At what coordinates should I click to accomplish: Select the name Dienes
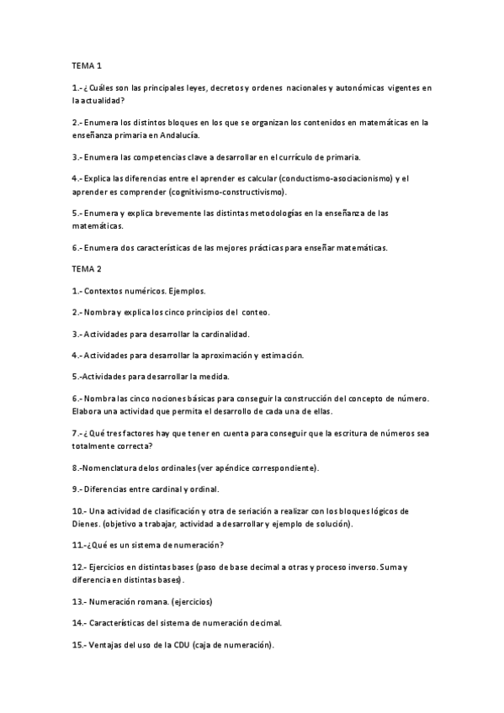tap(88, 523)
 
